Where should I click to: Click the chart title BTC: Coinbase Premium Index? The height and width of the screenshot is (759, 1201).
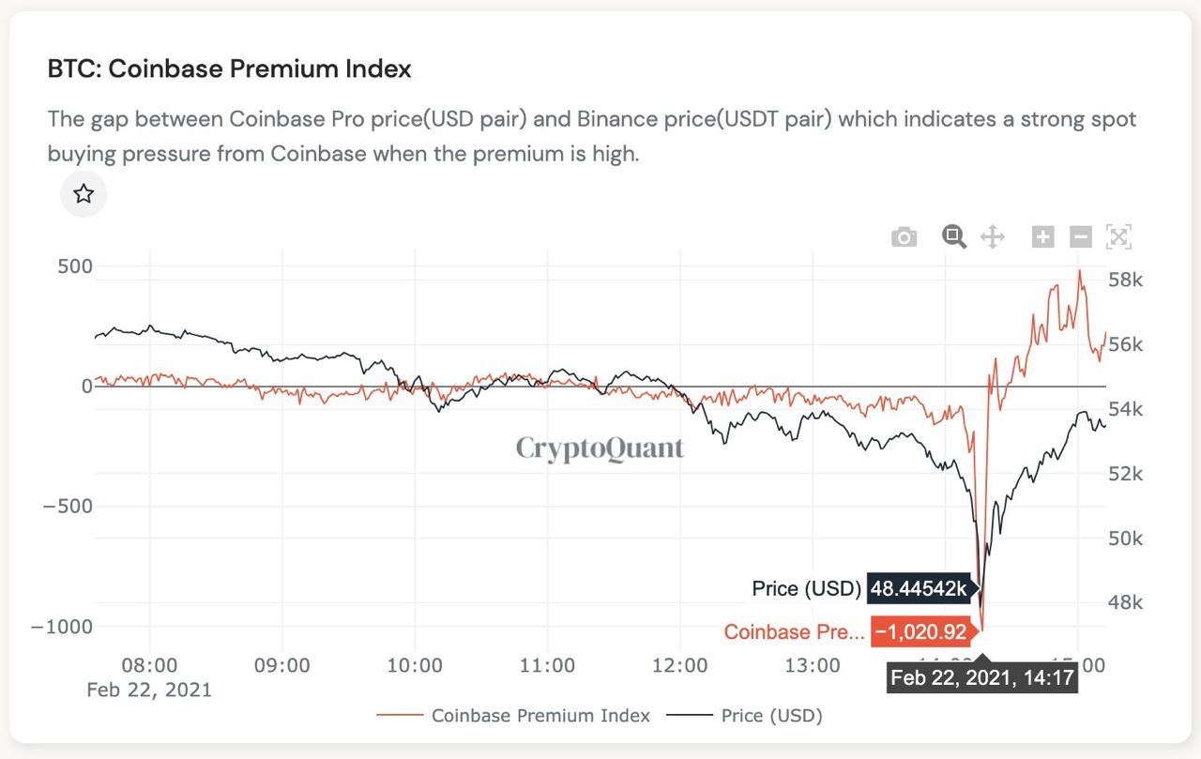click(229, 68)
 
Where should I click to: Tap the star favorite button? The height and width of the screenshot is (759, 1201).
click(84, 194)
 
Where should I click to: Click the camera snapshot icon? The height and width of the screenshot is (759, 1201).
click(904, 237)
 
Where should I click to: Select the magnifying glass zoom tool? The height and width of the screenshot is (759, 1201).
click(954, 236)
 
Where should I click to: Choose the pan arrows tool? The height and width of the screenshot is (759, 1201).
click(993, 236)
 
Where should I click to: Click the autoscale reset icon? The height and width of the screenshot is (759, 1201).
click(1118, 236)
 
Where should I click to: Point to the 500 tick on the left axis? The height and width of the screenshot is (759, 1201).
click(74, 266)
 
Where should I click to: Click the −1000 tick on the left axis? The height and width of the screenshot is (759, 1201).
click(62, 627)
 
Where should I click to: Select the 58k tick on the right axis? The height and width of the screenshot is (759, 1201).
click(1125, 280)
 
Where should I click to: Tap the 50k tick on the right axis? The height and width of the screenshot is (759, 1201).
click(1125, 538)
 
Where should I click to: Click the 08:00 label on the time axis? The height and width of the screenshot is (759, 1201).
click(149, 665)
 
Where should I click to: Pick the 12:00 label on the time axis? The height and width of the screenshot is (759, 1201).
click(679, 665)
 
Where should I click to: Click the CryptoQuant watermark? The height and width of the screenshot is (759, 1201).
click(600, 448)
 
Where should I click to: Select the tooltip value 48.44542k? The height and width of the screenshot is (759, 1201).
click(920, 588)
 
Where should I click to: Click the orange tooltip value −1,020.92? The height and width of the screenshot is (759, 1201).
click(920, 631)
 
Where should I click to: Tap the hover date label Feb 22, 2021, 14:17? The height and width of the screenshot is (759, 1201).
click(981, 677)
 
